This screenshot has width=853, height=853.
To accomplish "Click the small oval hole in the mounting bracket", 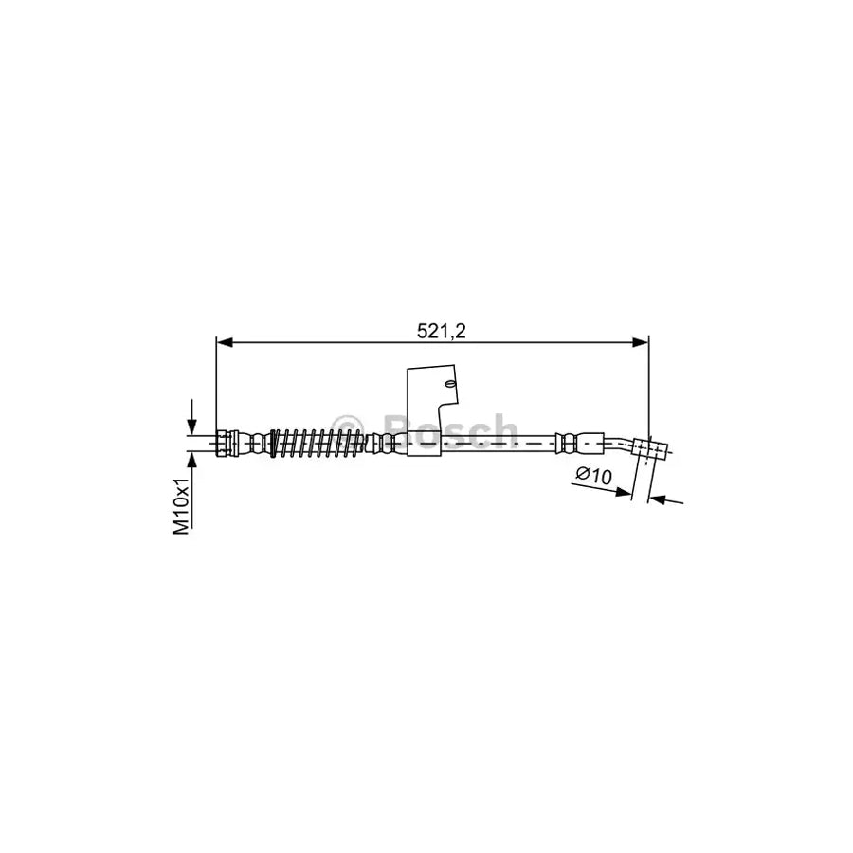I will (x=451, y=384).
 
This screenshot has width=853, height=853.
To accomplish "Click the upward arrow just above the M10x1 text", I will (x=193, y=461).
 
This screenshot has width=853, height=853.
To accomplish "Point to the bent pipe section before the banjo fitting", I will (x=621, y=441).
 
